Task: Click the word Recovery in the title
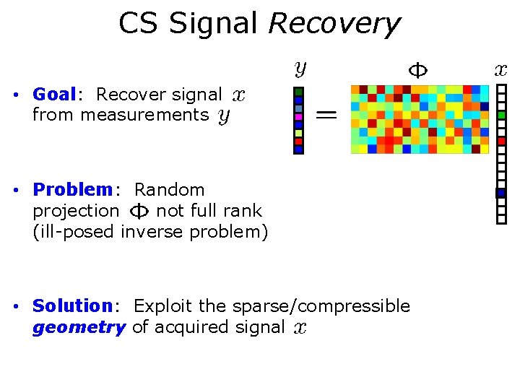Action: [333, 24]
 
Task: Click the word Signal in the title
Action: [213, 24]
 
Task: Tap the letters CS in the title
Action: [139, 24]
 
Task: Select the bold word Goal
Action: [54, 95]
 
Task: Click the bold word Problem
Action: [73, 190]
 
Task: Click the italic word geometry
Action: [79, 327]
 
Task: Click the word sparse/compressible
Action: [321, 306]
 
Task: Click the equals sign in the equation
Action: [326, 113]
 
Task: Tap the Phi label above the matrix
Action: [418, 70]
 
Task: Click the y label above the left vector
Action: [300, 69]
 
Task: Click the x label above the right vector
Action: [500, 70]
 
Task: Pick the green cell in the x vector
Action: [501, 115]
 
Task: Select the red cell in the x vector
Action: [501, 141]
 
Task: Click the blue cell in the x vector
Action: [500, 193]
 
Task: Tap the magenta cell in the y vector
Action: [298, 116]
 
